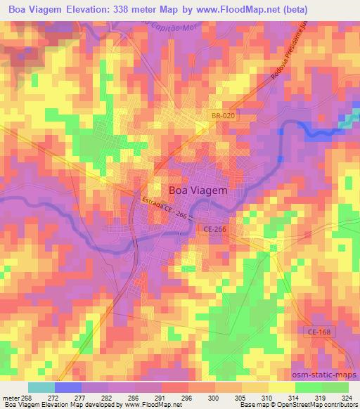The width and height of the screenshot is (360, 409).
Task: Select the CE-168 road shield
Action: (x=319, y=331)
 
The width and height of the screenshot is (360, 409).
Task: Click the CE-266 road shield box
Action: (x=216, y=230)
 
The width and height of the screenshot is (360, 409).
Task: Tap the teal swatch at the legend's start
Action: (x=41, y=387)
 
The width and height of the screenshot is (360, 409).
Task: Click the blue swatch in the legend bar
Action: (x=67, y=387)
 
